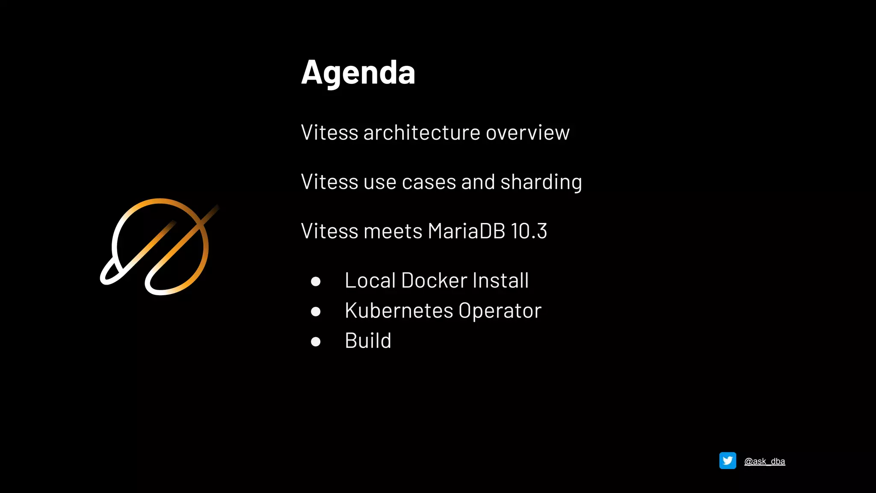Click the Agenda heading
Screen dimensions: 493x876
pyautogui.click(x=358, y=73)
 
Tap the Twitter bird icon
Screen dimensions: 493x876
pyautogui.click(x=728, y=460)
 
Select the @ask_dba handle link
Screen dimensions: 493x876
pyautogui.click(x=764, y=461)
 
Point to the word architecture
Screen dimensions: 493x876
pyautogui.click(x=422, y=133)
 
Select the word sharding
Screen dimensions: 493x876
pyautogui.click(x=541, y=182)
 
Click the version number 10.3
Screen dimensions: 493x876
pyautogui.click(x=529, y=232)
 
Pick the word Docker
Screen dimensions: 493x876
pyautogui.click(x=434, y=281)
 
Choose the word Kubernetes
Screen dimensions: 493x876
pyautogui.click(x=399, y=311)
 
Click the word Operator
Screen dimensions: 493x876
pyautogui.click(x=500, y=311)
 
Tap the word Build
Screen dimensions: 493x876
pyautogui.click(x=368, y=341)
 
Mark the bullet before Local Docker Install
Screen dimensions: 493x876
pyautogui.click(x=316, y=281)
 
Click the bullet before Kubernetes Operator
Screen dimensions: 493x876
pyautogui.click(x=316, y=312)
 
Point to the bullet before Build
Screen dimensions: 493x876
pyautogui.click(x=316, y=342)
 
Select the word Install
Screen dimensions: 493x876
pyautogui.click(x=500, y=281)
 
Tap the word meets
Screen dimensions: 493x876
pyautogui.click(x=393, y=232)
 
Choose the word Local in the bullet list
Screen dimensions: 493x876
pyautogui.click(x=370, y=281)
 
